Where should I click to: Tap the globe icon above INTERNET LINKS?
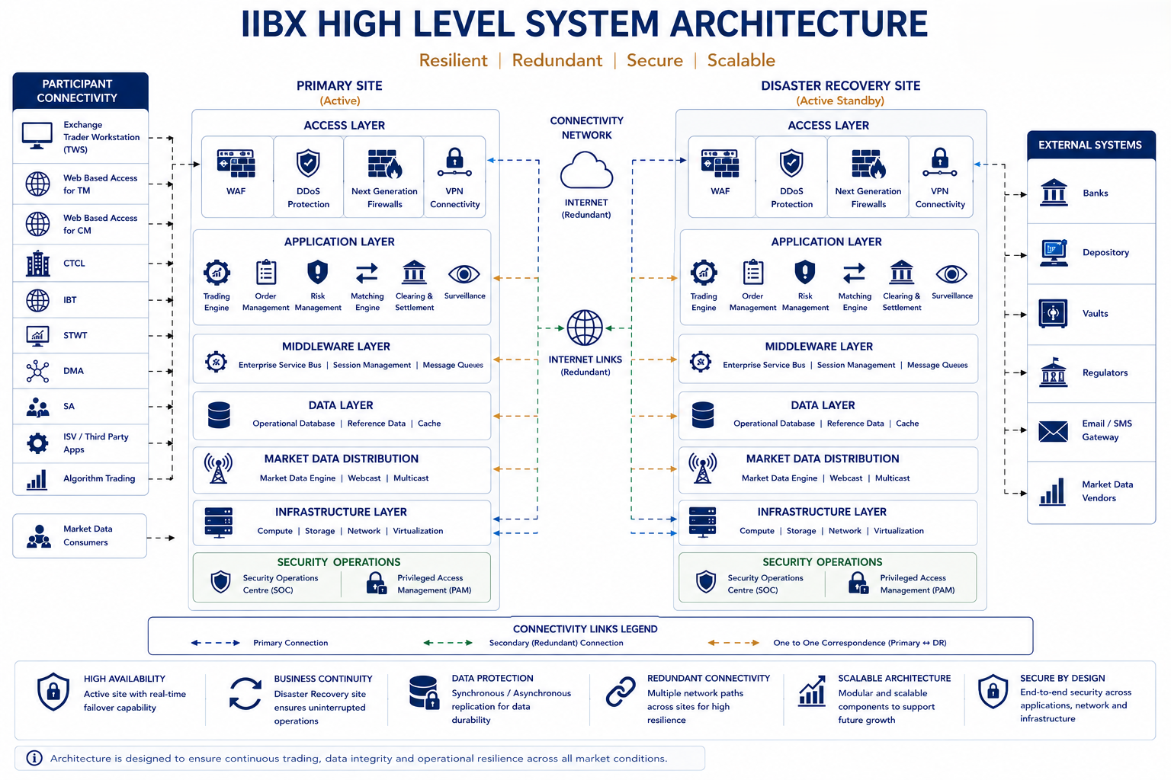click(585, 328)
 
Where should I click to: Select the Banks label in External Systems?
click(1096, 193)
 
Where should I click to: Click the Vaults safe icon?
click(1053, 314)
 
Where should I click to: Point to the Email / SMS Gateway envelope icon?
click(1053, 431)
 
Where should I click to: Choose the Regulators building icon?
click(1053, 372)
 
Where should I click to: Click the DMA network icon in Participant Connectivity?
click(37, 371)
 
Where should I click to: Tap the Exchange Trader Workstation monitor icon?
click(37, 136)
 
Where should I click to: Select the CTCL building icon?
click(38, 264)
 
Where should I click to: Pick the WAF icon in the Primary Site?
click(236, 163)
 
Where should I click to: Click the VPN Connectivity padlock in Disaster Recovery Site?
click(940, 162)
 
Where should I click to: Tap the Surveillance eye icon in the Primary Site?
click(464, 273)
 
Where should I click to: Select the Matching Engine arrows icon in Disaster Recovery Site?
click(854, 273)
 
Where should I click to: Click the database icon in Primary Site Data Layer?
click(219, 415)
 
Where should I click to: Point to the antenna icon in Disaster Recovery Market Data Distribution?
click(702, 468)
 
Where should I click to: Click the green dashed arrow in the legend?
click(448, 643)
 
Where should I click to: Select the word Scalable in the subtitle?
click(741, 60)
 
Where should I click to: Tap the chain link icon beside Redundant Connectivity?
click(621, 692)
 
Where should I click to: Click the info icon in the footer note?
click(34, 758)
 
